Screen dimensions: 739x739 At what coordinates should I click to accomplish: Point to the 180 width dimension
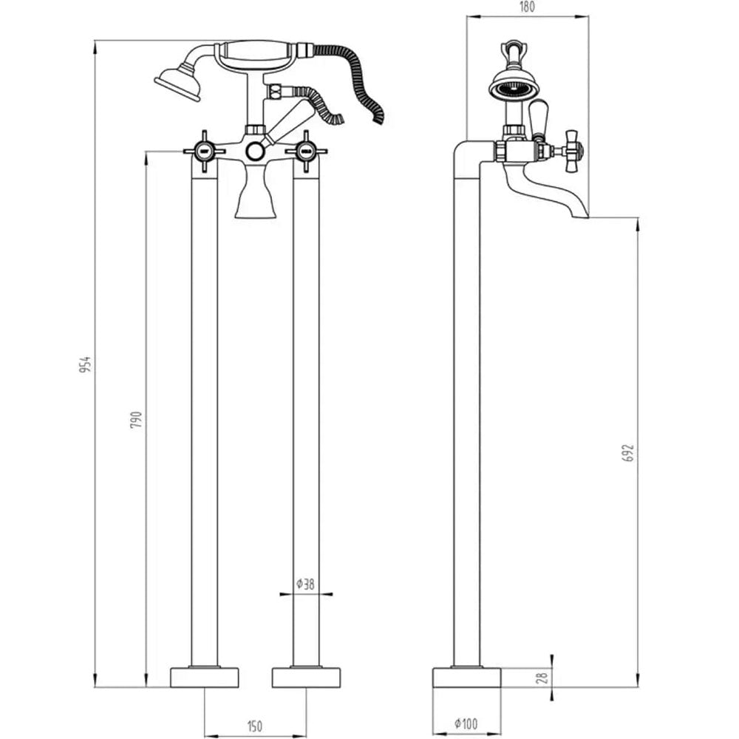tap(527, 8)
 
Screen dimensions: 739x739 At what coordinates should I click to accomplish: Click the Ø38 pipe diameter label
tap(305, 584)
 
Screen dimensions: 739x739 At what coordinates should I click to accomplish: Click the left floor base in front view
tap(205, 677)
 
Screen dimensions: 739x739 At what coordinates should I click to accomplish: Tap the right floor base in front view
tap(306, 677)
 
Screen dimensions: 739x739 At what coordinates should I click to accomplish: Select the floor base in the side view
tap(466, 677)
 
